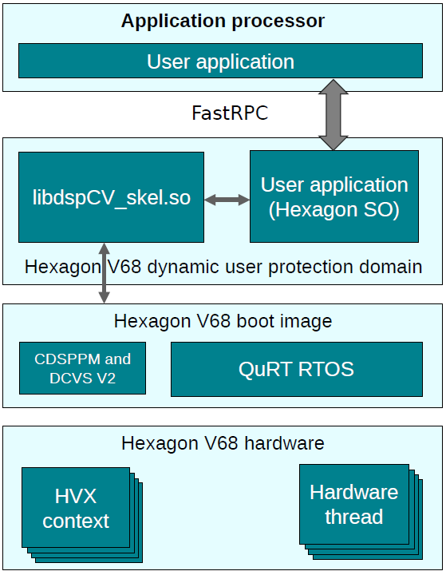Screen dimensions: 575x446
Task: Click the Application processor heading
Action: [x=223, y=21]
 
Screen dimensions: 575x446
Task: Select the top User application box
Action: [x=220, y=61]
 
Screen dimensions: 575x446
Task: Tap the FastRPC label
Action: [x=230, y=113]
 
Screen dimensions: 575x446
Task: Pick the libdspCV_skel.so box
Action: [x=111, y=197]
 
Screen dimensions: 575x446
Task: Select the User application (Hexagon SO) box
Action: [x=334, y=197]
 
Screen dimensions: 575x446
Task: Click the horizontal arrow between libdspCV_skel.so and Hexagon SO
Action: [x=227, y=200]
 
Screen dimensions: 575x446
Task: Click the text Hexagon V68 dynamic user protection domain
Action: [x=223, y=266]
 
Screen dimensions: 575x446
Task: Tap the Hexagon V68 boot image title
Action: [x=223, y=321]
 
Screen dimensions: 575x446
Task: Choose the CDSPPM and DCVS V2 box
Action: [x=82, y=368]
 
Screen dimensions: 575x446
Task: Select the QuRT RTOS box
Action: [x=296, y=369]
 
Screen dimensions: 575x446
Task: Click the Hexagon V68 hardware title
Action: [x=223, y=442]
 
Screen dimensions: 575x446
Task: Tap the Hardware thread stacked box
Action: [x=353, y=504]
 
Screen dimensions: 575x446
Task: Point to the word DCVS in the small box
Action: [x=67, y=378]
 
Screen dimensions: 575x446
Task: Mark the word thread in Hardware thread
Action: [x=353, y=517]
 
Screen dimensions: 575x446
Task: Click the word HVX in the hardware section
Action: [x=75, y=496]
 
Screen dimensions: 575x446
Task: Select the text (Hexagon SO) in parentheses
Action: [x=334, y=211]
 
